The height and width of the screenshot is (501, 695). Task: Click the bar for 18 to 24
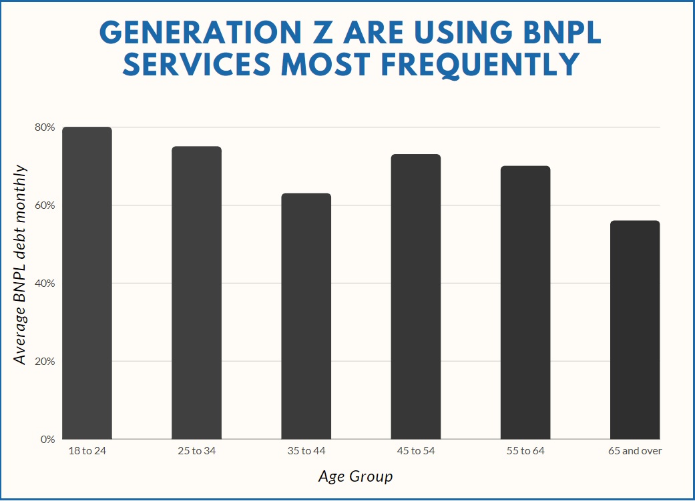(87, 283)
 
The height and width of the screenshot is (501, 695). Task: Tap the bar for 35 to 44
(306, 316)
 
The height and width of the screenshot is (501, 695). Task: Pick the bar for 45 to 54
(416, 296)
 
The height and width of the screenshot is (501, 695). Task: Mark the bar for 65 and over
(635, 330)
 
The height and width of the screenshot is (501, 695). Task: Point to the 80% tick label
(45, 127)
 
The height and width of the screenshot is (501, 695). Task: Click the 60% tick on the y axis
(45, 205)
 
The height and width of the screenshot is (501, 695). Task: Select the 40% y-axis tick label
(45, 284)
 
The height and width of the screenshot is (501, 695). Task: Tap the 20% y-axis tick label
(45, 362)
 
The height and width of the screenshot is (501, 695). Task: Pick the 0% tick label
(47, 440)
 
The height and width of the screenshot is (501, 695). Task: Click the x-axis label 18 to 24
(87, 452)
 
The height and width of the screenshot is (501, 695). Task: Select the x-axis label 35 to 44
(306, 452)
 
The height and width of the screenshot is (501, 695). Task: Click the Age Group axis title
(355, 477)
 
